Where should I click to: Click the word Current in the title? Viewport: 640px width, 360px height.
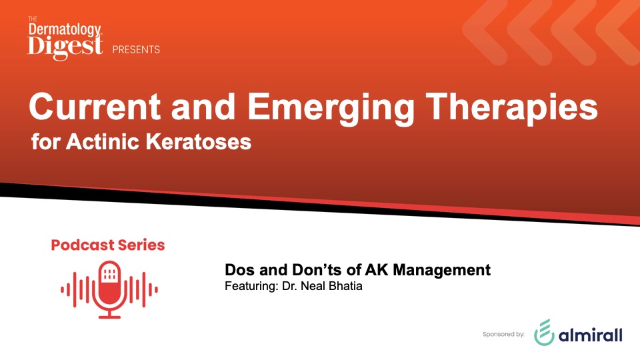pyautogui.click(x=95, y=106)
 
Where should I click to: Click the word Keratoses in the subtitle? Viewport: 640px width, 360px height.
pyautogui.click(x=199, y=141)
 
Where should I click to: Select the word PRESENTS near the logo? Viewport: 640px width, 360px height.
pyautogui.click(x=136, y=50)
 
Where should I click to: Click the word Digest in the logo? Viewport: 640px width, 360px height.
pyautogui.click(x=65, y=47)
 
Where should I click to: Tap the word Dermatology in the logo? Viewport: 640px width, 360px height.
pyautogui.click(x=65, y=29)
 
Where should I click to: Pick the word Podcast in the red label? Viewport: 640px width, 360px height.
pyautogui.click(x=83, y=245)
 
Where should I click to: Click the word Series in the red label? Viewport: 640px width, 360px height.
pyautogui.click(x=141, y=245)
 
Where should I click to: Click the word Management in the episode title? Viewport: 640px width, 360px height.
pyautogui.click(x=441, y=271)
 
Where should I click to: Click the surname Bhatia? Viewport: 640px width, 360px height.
pyautogui.click(x=345, y=286)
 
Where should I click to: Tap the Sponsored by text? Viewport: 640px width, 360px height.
pyautogui.click(x=503, y=334)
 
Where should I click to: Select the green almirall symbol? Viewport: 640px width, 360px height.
pyautogui.click(x=545, y=332)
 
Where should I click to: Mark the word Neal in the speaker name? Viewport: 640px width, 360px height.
pyautogui.click(x=313, y=286)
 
